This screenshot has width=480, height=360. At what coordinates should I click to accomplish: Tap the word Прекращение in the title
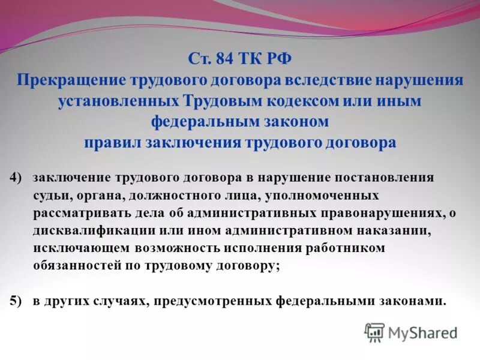point(70,80)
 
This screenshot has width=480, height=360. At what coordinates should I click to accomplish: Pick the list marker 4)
point(16,178)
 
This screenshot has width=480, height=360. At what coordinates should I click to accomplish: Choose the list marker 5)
point(16,301)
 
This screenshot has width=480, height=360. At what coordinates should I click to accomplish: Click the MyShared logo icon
point(374,332)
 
